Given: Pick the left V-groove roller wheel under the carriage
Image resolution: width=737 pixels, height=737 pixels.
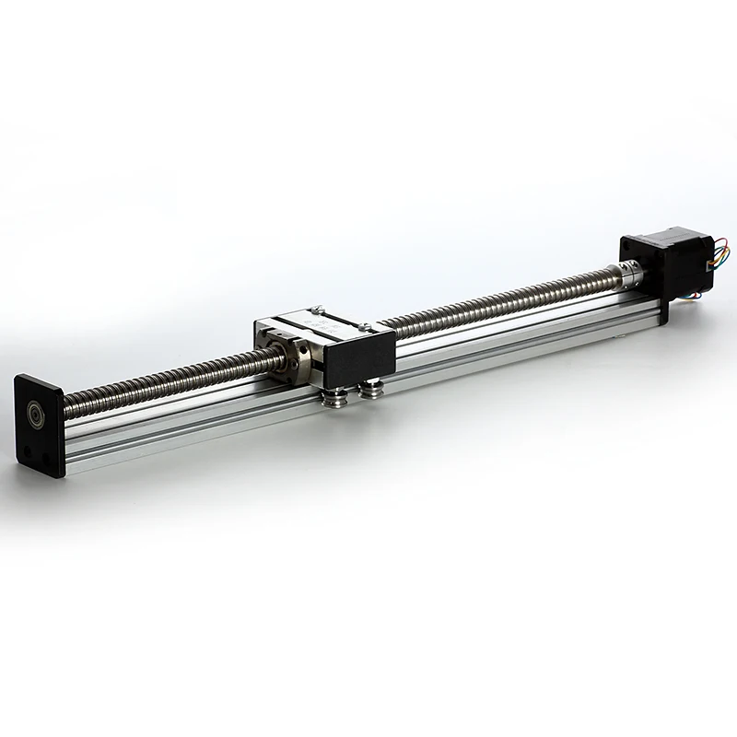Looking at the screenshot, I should pos(335,395).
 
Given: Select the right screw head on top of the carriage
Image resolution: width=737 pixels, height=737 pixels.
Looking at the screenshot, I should pos(365,326).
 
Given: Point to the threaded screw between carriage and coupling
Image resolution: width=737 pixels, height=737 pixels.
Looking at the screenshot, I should pos(497,305).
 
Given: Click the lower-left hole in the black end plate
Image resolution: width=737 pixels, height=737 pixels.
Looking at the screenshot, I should pos(27,449).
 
